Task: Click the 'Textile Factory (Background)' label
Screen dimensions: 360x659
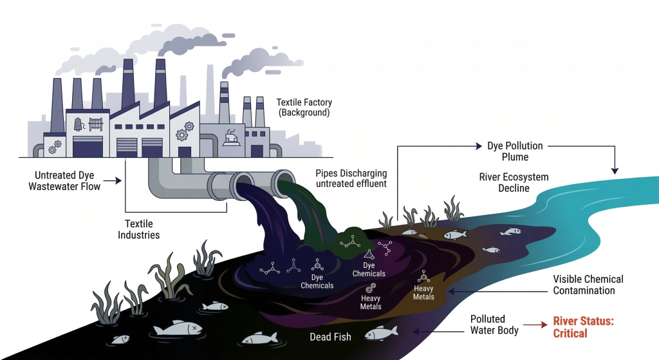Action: (302, 108)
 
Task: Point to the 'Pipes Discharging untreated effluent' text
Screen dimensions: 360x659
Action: (351, 178)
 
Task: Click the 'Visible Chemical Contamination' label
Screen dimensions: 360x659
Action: (588, 285)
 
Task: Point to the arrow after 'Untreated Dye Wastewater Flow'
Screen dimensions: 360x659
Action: (113, 182)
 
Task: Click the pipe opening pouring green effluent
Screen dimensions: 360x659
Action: (283, 182)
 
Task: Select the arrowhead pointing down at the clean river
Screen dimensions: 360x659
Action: (615, 171)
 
